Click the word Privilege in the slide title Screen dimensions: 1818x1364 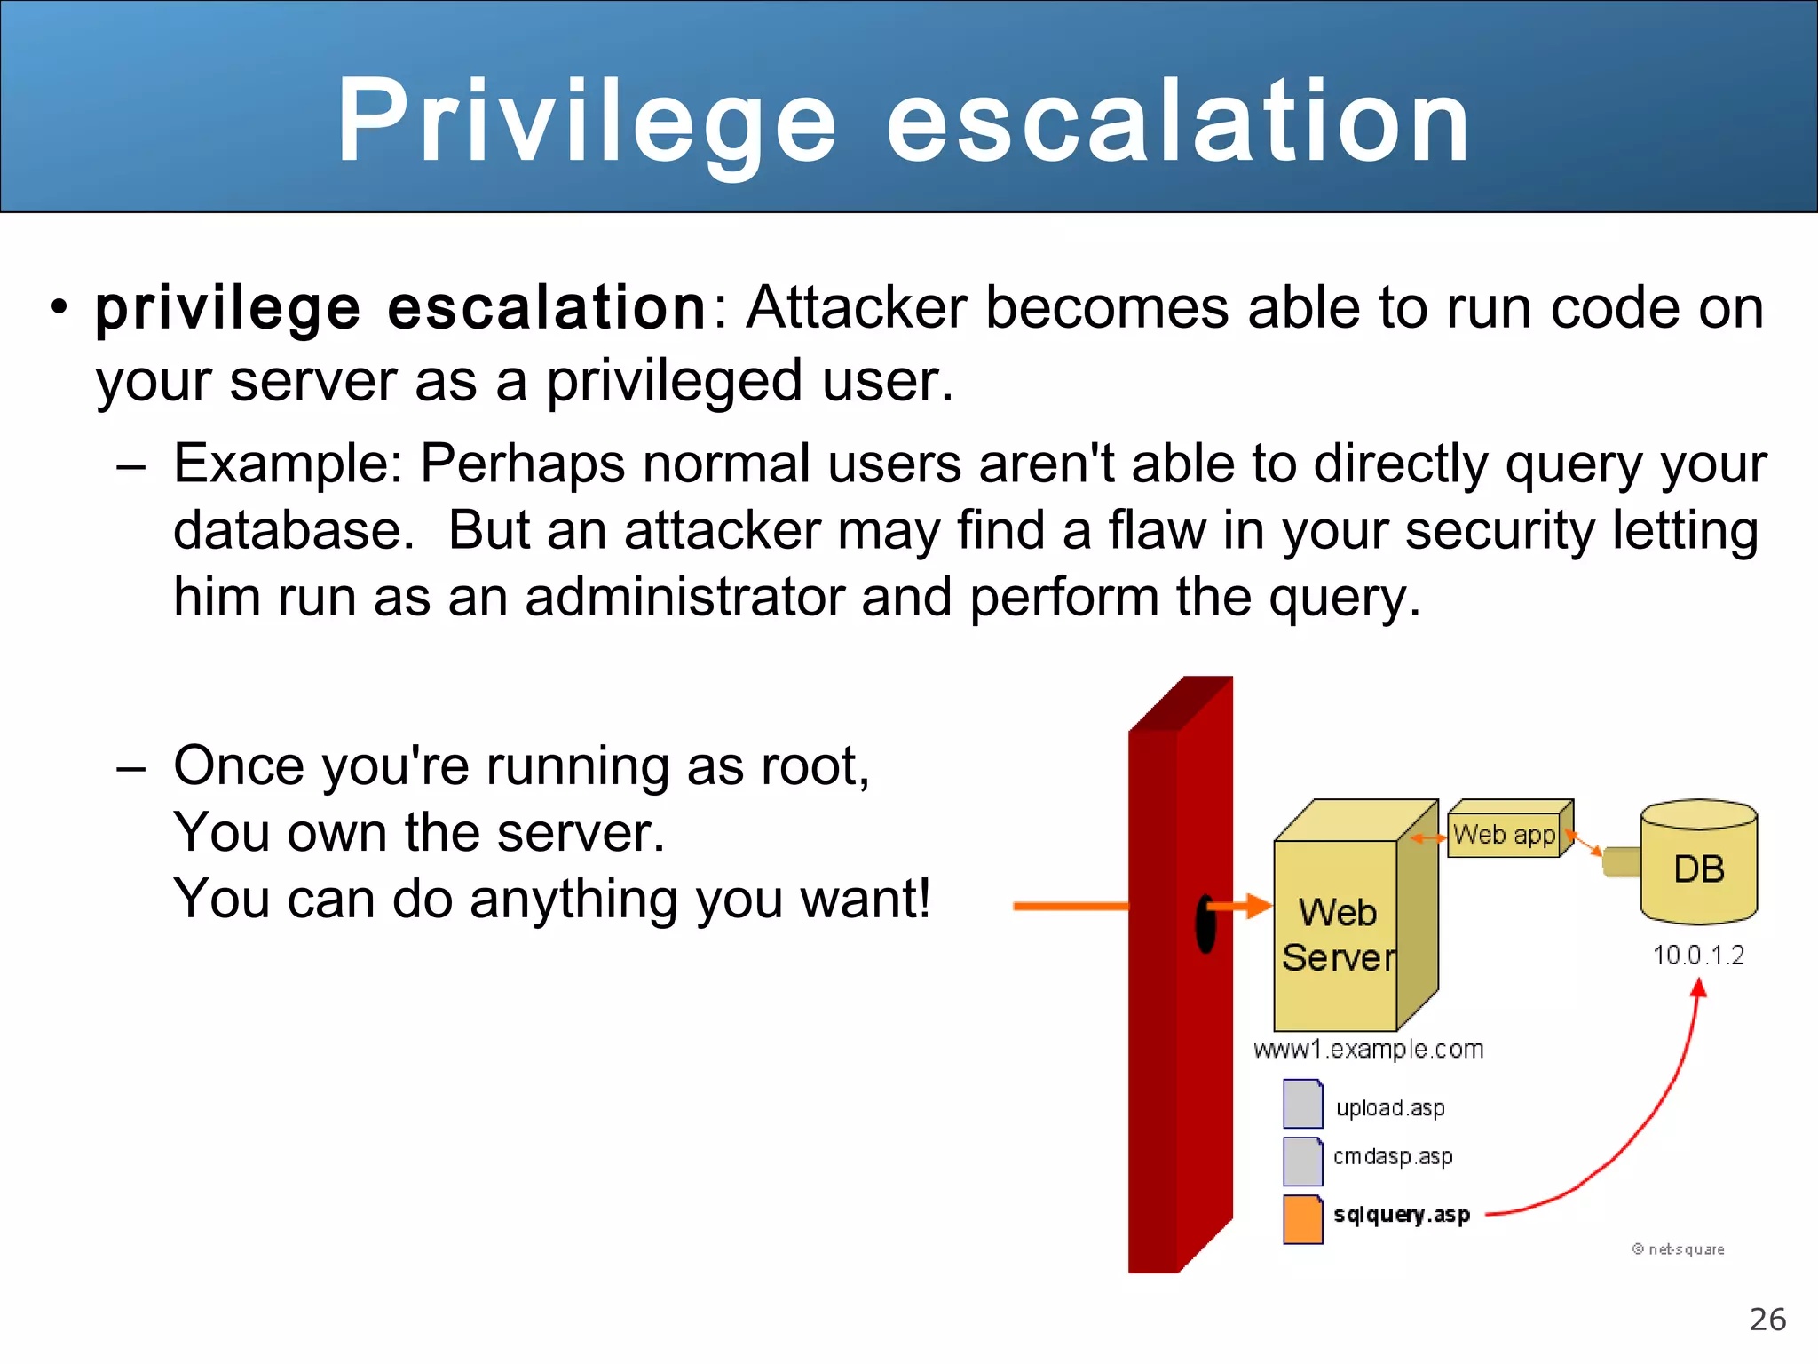click(586, 122)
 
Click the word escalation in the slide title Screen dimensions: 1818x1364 click(1179, 122)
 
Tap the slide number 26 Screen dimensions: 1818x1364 click(1767, 1320)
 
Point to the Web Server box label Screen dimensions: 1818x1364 click(1338, 935)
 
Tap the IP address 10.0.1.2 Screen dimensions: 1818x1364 click(1698, 956)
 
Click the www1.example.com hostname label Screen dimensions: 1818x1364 click(1368, 1050)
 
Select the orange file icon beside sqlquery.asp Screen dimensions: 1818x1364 click(1302, 1219)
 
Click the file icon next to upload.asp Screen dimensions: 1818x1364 click(1302, 1104)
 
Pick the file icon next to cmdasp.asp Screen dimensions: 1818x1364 click(1302, 1162)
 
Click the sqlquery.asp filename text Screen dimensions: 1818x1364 click(1402, 1215)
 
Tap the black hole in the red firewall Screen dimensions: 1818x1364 click(1205, 924)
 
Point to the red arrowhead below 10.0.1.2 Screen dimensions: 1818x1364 click(1698, 989)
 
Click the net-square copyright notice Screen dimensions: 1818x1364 click(1679, 1249)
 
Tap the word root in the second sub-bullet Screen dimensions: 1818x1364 click(814, 765)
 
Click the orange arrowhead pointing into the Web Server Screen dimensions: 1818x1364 click(1258, 906)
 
